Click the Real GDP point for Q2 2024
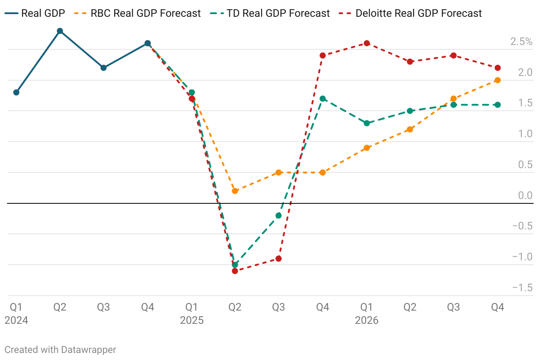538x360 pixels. [60, 31]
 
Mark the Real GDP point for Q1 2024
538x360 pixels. [16, 93]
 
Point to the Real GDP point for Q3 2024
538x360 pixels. [104, 68]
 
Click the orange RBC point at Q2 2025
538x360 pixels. [235, 191]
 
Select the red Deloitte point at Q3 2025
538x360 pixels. [279, 259]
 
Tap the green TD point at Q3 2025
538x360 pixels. [279, 216]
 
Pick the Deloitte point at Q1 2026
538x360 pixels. [366, 43]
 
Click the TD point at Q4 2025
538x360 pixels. [323, 99]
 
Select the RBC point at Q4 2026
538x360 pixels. [497, 80]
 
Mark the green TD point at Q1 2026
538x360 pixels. [366, 123]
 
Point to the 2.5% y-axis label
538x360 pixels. [521, 42]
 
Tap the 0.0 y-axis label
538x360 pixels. [525, 195]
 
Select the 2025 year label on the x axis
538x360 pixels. [191, 320]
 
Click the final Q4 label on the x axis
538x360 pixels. [497, 307]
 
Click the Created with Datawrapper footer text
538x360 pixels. [60, 350]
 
